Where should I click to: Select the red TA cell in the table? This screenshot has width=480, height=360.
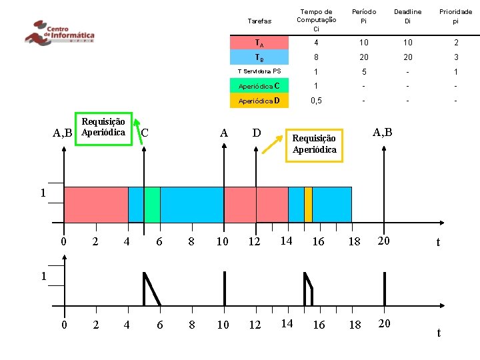point(259,43)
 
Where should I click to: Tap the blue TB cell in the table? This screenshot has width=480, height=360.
point(259,57)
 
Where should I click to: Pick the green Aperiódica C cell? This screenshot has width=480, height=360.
point(259,86)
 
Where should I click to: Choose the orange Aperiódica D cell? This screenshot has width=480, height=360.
point(259,101)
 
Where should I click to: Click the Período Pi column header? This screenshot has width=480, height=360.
point(363,16)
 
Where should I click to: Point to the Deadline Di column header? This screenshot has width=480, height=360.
point(407,16)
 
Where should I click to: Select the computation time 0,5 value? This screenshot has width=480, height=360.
point(316,101)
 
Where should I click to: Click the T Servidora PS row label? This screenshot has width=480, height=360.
point(259,71)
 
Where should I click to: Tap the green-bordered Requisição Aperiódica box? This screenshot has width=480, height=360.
point(103,127)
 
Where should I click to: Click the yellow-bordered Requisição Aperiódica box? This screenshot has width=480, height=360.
point(314,144)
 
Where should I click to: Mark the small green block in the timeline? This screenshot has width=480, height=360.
point(152,204)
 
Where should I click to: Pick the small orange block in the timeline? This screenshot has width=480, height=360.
point(308,204)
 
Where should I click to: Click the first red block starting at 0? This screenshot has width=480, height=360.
point(96,204)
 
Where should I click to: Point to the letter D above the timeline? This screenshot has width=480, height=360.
point(257,133)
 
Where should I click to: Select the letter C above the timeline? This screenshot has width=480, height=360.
point(145,133)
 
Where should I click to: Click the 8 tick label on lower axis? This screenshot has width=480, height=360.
point(191,325)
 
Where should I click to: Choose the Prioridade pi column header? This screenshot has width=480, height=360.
point(455,16)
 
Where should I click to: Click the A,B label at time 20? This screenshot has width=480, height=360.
point(382,132)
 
